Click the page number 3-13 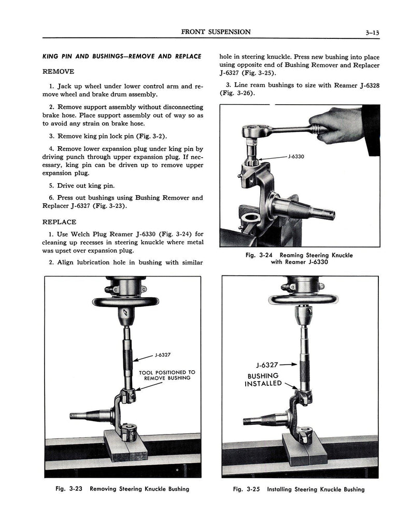[372, 32]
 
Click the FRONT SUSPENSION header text [216, 32]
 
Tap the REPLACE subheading [59, 221]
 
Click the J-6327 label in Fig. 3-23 [162, 355]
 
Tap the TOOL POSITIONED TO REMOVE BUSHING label [167, 375]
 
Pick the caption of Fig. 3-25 [300, 489]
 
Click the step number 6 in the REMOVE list [51, 198]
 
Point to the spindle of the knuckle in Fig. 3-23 [88, 415]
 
